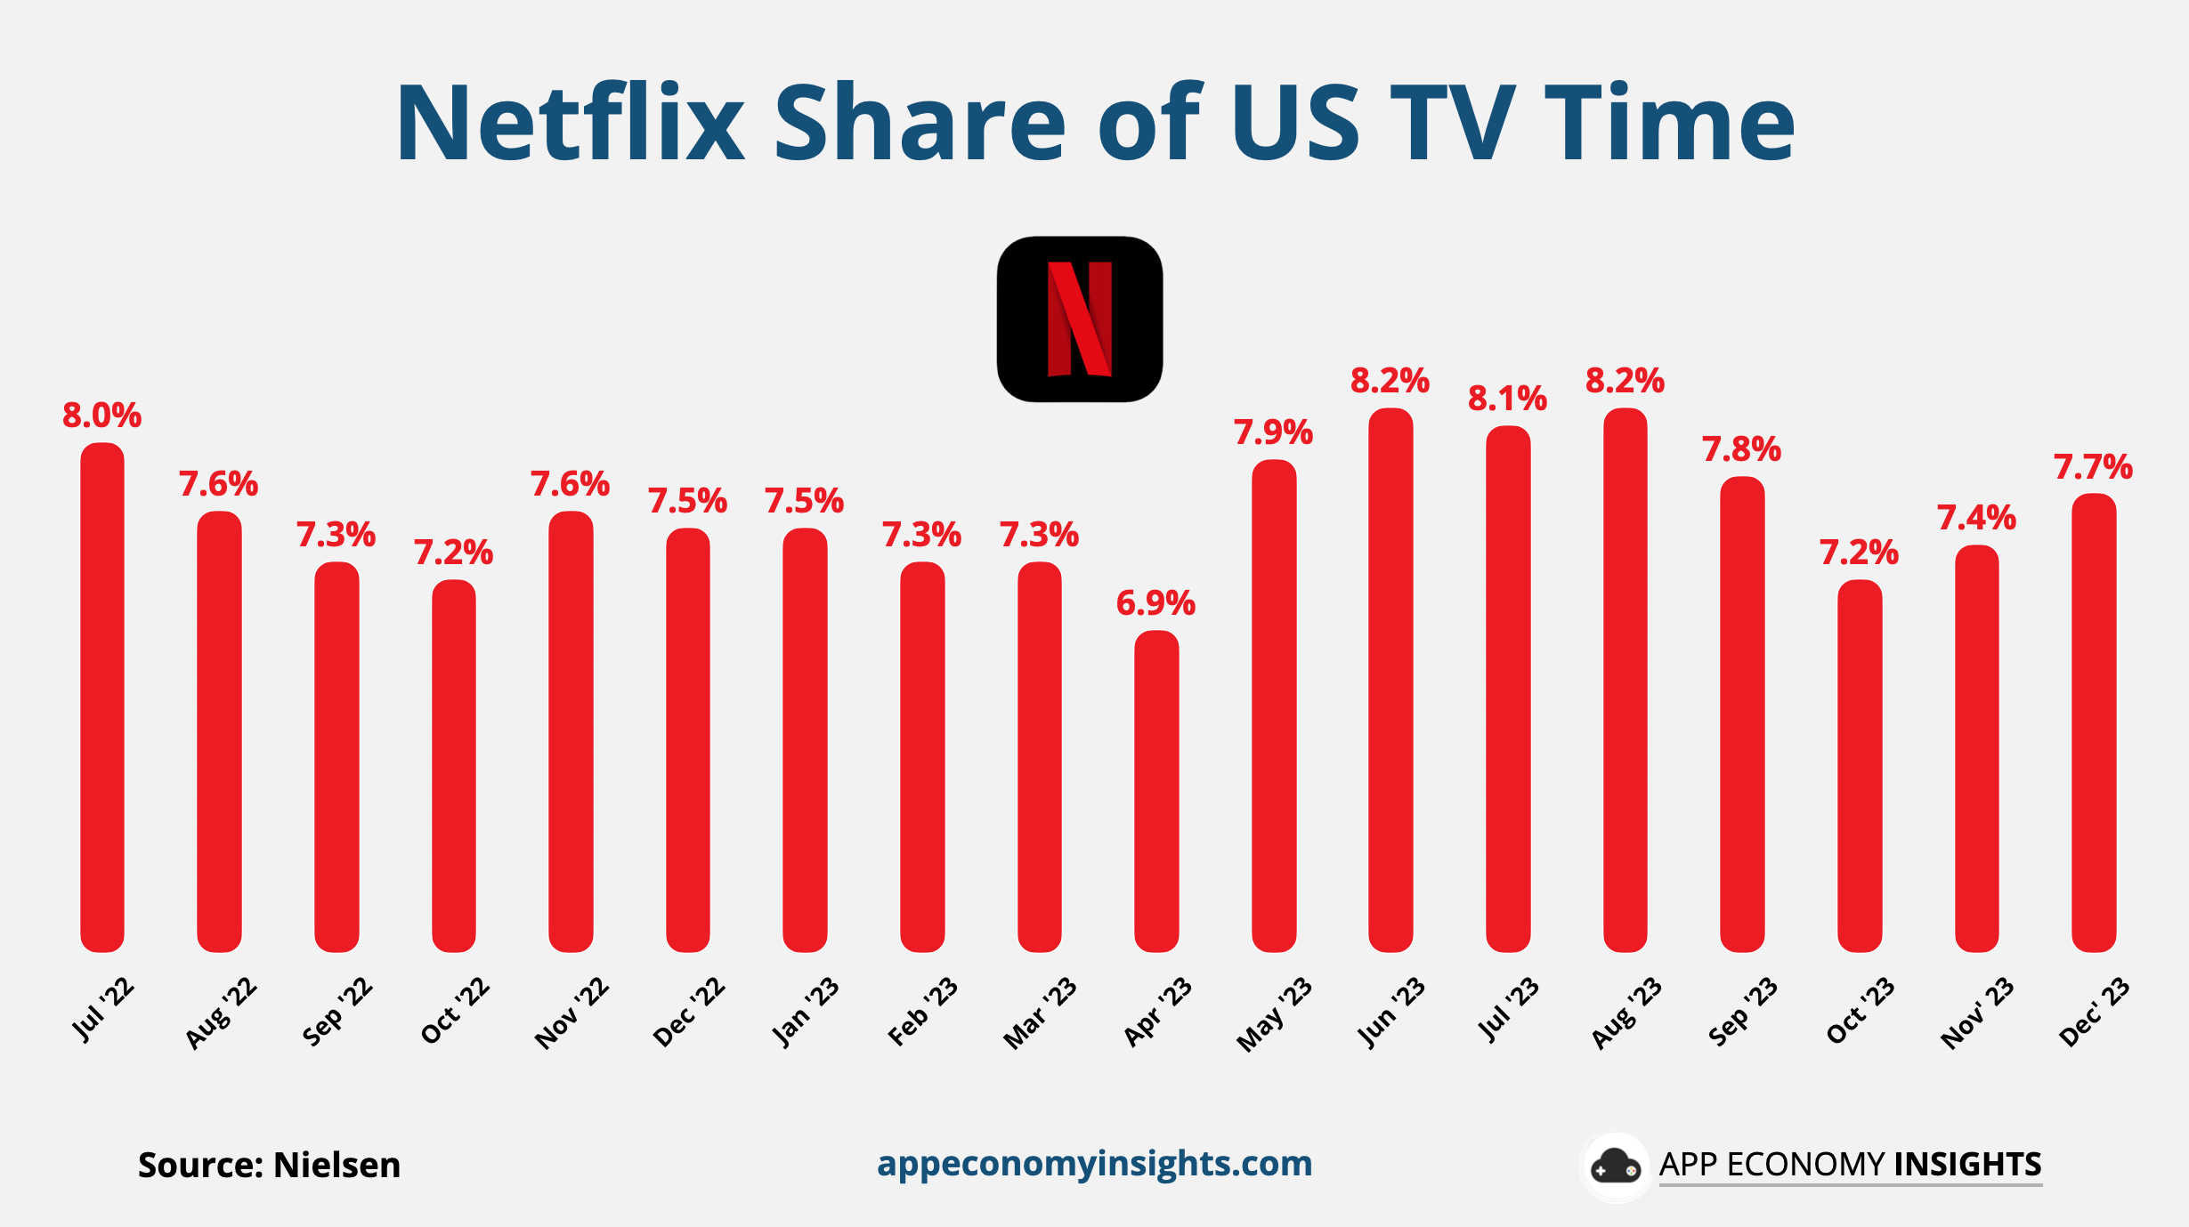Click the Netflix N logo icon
[x=1079, y=319]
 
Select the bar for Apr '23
[x=1156, y=792]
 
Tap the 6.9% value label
[x=1155, y=603]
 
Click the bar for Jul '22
[x=102, y=698]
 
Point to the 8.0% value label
[x=101, y=416]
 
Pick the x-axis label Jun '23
[x=1390, y=1013]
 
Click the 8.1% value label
[x=1507, y=399]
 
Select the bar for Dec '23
[x=2094, y=722]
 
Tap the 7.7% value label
[x=2093, y=467]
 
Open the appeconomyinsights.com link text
[x=1094, y=1164]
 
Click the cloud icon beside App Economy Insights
[x=1615, y=1166]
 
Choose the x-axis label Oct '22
[x=455, y=1012]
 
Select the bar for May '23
[x=1274, y=707]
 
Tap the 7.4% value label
[x=1976, y=518]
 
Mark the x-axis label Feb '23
[x=923, y=1013]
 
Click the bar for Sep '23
[x=1742, y=714]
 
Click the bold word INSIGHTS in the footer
[x=1967, y=1165]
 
